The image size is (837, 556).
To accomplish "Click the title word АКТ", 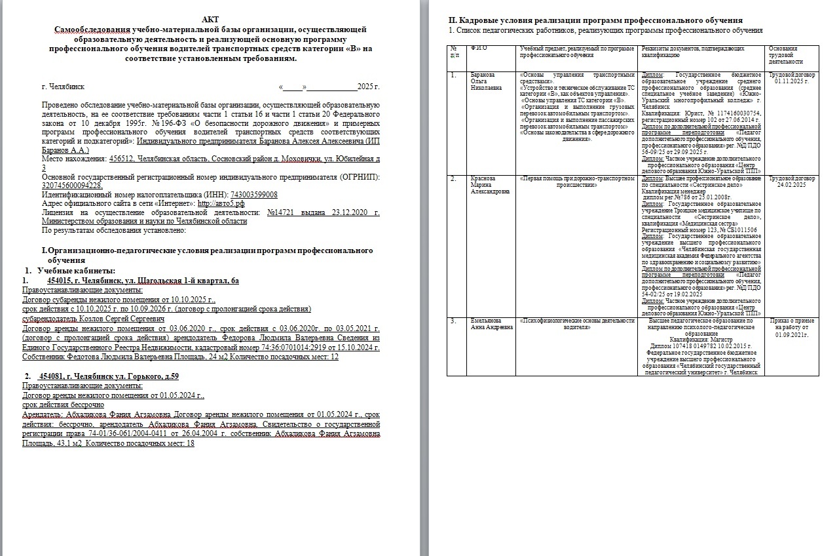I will (x=211, y=20).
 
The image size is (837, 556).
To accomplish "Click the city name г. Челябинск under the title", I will (x=62, y=87).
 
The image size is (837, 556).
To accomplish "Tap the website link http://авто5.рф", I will (x=221, y=203).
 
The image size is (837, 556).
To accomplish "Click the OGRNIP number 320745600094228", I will (x=72, y=186).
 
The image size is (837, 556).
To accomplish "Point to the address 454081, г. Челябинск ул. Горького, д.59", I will (x=109, y=376).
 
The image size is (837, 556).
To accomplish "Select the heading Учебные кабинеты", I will (x=76, y=271).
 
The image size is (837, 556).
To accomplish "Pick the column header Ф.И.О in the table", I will (x=478, y=49).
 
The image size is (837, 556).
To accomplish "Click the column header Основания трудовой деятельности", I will (x=783, y=56).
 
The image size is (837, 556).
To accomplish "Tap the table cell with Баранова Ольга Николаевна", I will (x=486, y=81).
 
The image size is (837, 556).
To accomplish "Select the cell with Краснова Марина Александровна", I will (x=490, y=185).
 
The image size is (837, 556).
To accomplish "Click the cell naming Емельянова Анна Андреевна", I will (x=491, y=324).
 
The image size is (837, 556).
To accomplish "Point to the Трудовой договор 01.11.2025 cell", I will (x=792, y=78).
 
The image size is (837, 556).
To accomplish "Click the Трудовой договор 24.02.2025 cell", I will (x=792, y=182).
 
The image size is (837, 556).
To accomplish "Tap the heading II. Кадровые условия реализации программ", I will (x=595, y=20).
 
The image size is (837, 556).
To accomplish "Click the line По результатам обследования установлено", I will (x=114, y=230).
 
